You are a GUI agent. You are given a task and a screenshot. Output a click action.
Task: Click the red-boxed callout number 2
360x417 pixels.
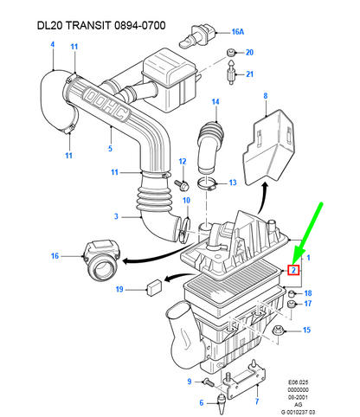click(x=295, y=270)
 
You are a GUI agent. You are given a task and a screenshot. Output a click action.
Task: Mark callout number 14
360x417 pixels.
click(x=215, y=103)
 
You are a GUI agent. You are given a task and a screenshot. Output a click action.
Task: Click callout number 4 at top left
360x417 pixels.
click(x=51, y=45)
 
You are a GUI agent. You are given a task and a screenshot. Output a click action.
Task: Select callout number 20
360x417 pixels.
click(x=249, y=53)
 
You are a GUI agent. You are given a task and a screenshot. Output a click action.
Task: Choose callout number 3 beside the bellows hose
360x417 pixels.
click(x=115, y=215)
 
